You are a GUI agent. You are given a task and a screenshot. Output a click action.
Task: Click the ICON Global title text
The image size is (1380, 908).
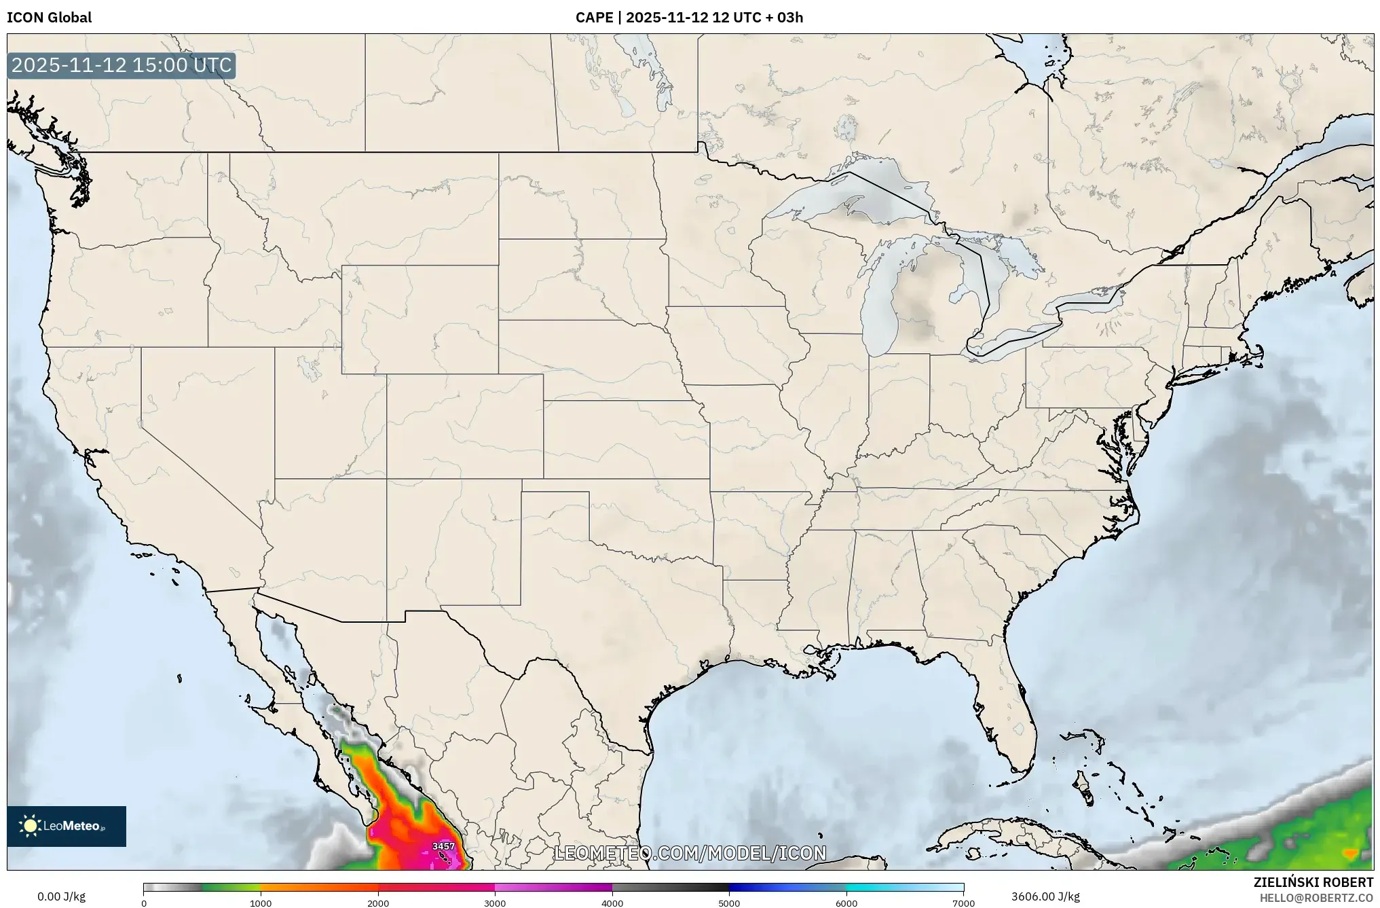(x=49, y=18)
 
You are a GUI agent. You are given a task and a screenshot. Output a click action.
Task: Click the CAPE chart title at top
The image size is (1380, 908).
(x=689, y=18)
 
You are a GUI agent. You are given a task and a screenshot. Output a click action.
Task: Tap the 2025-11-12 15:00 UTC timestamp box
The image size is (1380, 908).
(x=122, y=66)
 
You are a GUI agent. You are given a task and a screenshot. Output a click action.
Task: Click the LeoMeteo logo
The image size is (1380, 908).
(x=67, y=826)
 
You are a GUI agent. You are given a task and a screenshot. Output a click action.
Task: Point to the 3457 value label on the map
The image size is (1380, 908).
(x=443, y=846)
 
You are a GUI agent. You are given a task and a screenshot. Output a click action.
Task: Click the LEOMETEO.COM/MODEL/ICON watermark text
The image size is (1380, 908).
(x=690, y=853)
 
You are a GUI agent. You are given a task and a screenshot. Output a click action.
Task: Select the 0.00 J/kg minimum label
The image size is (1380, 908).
(x=62, y=896)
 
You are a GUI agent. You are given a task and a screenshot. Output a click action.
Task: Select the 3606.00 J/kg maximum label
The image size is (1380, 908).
(x=1045, y=896)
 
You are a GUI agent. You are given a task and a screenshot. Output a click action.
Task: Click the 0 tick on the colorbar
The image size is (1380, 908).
(x=144, y=903)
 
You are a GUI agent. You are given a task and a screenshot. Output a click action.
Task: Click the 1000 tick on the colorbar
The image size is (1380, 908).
(x=261, y=903)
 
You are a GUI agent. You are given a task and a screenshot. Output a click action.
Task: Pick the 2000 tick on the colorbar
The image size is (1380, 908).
(x=378, y=903)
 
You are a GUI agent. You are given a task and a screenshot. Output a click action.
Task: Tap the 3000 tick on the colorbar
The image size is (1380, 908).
(x=495, y=903)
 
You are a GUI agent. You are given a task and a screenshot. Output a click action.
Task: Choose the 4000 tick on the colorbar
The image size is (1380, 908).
(x=612, y=903)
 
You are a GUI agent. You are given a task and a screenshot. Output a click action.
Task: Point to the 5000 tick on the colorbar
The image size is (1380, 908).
(x=729, y=903)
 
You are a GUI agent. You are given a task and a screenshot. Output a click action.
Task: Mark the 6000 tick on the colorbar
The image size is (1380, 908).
(x=846, y=903)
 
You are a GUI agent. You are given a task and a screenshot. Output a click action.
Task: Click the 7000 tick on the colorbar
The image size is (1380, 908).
(x=963, y=903)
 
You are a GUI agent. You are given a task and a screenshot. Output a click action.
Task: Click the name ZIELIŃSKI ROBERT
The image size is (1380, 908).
(x=1313, y=882)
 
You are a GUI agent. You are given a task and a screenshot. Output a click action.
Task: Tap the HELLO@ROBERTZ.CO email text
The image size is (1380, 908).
(x=1316, y=898)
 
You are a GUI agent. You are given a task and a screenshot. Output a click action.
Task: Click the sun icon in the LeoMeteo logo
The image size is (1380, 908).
(x=30, y=826)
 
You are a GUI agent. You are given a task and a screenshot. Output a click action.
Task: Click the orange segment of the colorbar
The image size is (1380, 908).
(x=319, y=887)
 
